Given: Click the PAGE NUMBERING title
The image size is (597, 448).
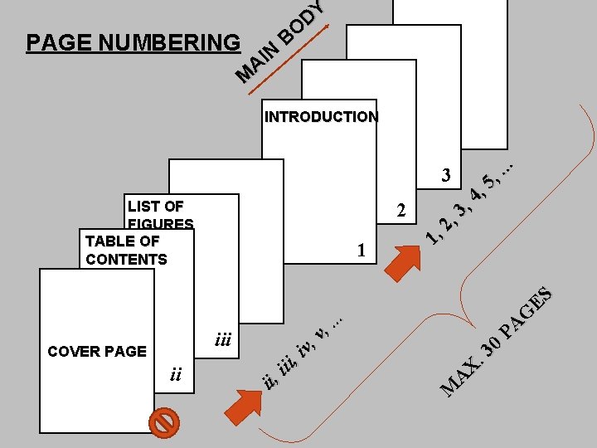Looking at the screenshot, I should [x=133, y=42].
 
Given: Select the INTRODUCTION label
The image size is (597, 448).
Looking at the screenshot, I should [x=321, y=117].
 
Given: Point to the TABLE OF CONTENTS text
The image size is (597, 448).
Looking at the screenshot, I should [x=125, y=250].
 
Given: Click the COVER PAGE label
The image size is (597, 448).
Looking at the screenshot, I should [x=97, y=351].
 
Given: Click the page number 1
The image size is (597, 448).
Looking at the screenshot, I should [x=360, y=250].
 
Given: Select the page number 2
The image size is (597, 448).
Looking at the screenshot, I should [x=401, y=211].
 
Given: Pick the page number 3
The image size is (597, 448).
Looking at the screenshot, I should [x=446, y=175].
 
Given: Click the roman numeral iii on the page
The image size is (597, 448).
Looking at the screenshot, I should [x=222, y=339].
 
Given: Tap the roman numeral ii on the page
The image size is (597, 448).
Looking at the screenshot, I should [x=175, y=374].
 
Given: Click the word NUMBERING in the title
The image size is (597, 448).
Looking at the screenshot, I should [x=172, y=42].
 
